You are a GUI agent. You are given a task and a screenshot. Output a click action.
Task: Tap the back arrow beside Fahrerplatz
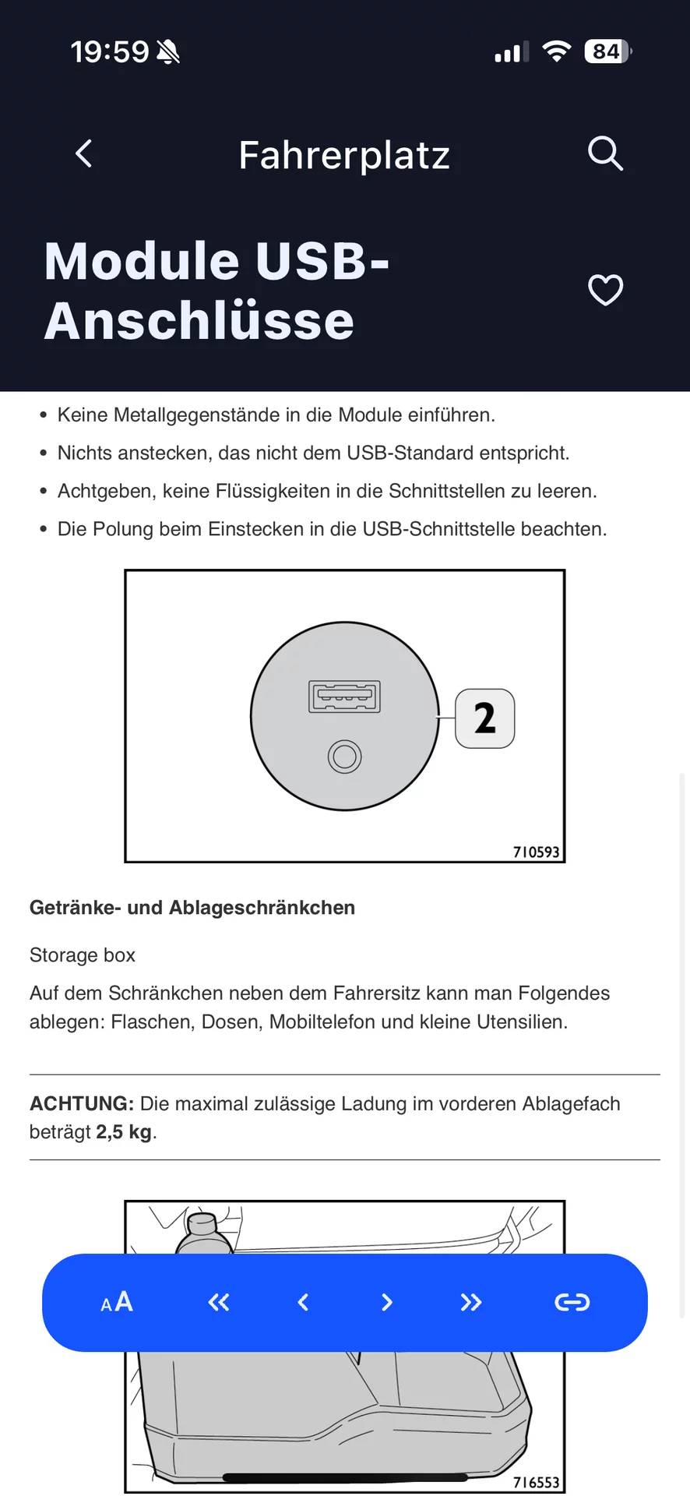(84, 153)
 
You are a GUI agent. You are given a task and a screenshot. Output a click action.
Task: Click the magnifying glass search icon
(605, 153)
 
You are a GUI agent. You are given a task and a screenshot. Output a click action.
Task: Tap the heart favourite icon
(605, 291)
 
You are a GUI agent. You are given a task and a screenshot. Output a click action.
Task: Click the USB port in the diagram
(345, 697)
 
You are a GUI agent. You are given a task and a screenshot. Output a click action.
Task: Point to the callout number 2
(484, 718)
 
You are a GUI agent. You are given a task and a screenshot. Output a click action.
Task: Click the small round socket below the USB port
(344, 756)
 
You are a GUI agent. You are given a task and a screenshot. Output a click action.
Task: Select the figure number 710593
(536, 852)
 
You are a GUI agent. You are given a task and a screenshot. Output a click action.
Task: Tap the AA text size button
(117, 1302)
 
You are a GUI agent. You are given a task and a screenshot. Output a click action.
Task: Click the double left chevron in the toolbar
(219, 1302)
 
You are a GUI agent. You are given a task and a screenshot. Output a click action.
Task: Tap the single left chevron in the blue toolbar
(304, 1302)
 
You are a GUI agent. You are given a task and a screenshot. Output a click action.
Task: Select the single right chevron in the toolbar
(387, 1302)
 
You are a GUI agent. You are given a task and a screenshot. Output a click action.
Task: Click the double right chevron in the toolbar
(471, 1302)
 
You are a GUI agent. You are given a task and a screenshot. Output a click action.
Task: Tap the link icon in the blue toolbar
(572, 1302)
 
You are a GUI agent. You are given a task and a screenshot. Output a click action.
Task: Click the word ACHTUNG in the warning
(82, 1103)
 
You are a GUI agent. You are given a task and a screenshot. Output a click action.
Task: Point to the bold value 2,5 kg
(124, 1132)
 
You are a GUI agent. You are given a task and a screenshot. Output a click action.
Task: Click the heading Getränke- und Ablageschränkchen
(192, 908)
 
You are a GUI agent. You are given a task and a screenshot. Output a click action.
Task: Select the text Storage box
(83, 955)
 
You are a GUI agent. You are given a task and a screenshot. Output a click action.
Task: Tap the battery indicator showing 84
(607, 51)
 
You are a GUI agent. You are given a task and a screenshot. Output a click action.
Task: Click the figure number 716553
(536, 1482)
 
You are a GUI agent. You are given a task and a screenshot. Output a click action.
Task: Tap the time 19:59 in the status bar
(110, 52)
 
